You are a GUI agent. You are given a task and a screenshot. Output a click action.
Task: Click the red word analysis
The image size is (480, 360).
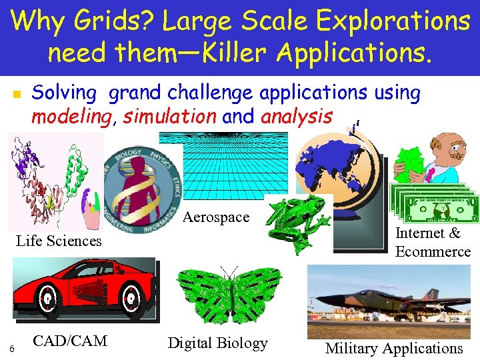click(x=296, y=116)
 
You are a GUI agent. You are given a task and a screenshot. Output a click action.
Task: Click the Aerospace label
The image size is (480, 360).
click(x=216, y=217)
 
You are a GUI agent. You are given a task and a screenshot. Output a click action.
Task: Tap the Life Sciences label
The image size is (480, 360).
click(x=59, y=241)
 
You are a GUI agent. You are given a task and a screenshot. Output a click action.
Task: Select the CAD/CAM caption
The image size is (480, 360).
click(x=70, y=341)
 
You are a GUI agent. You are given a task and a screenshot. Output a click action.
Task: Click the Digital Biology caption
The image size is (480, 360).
click(x=217, y=343)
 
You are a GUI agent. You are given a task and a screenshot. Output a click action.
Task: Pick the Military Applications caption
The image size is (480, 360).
click(x=393, y=348)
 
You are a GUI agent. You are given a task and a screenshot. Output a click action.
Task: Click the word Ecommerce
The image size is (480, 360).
click(x=433, y=251)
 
